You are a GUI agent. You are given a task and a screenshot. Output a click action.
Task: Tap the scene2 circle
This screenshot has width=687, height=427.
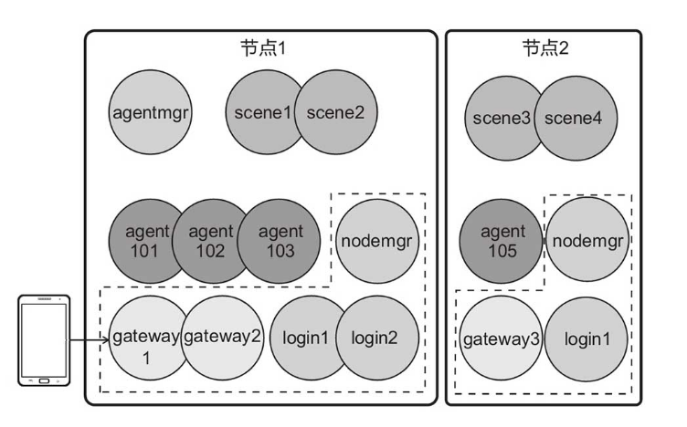(x=334, y=113)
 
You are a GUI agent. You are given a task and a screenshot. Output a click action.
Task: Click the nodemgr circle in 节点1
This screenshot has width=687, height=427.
(x=376, y=242)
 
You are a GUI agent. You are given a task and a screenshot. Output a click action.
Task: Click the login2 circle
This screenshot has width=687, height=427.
(x=377, y=337)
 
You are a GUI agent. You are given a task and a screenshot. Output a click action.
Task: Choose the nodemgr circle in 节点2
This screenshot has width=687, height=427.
(x=587, y=241)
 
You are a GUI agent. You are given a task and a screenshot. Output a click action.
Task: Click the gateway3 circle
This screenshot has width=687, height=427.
(x=501, y=339)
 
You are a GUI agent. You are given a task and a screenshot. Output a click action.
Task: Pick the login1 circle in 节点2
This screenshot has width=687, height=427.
(x=587, y=339)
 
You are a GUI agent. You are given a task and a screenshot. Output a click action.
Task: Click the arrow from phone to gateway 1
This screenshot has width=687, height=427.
(x=90, y=343)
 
